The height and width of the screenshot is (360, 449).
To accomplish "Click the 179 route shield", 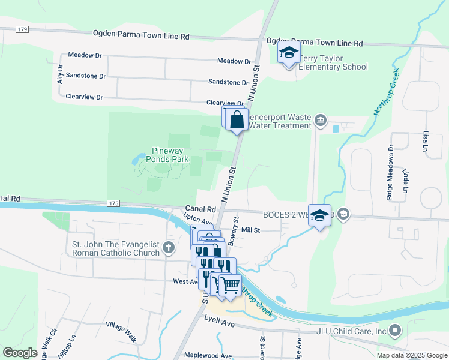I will (x=23, y=29).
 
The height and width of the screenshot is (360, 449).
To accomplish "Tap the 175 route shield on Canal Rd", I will (x=113, y=204).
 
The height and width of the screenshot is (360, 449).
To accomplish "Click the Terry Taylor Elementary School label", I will (x=334, y=62).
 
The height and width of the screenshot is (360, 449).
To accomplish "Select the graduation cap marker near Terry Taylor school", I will (x=289, y=53).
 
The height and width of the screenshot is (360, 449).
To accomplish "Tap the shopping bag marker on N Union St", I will (x=237, y=119).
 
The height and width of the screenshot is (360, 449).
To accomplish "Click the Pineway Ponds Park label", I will (x=162, y=155).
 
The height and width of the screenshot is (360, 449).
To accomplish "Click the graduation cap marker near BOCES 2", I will (x=320, y=215).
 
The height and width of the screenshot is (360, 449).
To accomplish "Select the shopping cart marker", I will (x=229, y=285).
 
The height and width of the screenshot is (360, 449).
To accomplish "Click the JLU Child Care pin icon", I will (x=395, y=330).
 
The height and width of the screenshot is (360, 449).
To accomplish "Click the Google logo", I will (x=20, y=353).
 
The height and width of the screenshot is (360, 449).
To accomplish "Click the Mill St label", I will (x=250, y=230).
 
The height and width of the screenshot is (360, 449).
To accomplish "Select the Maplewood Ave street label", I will (x=208, y=356).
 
